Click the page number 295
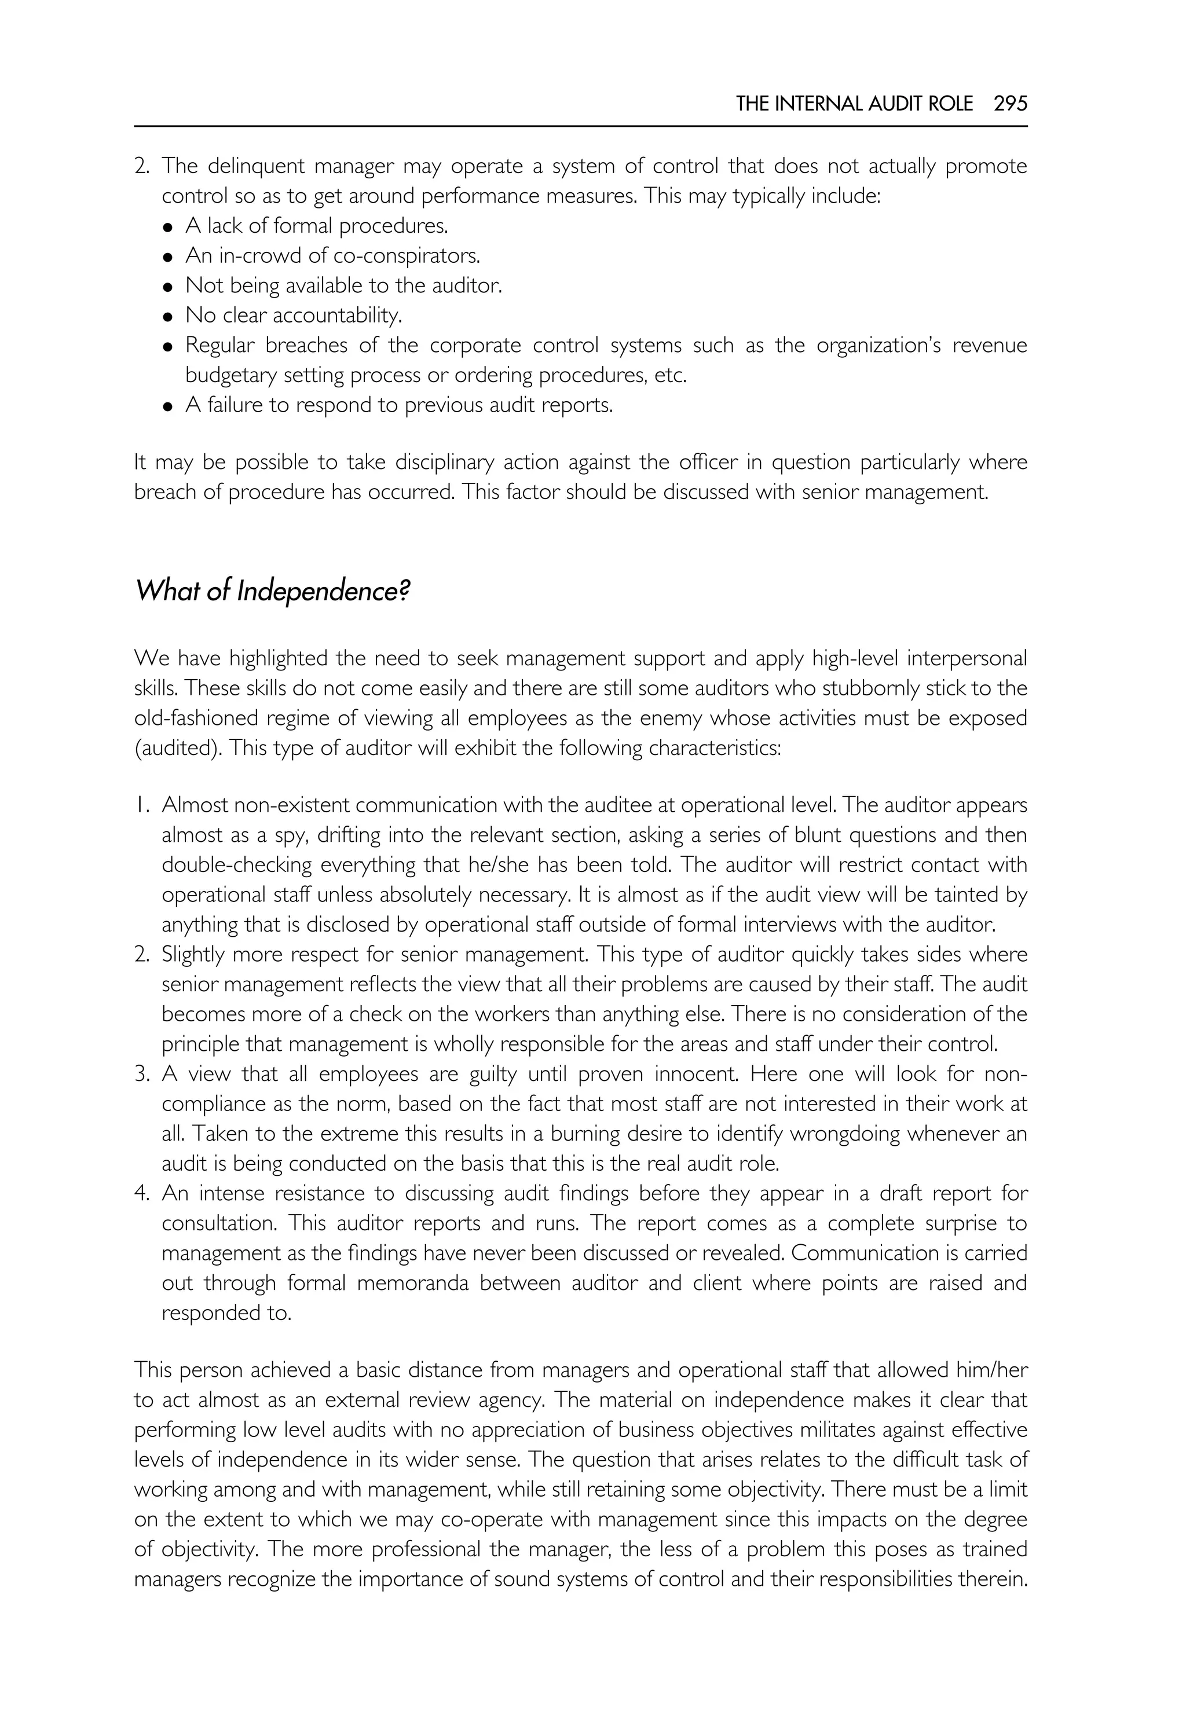(1011, 104)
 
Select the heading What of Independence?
(272, 592)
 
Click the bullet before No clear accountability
(169, 317)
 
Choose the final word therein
(992, 1579)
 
